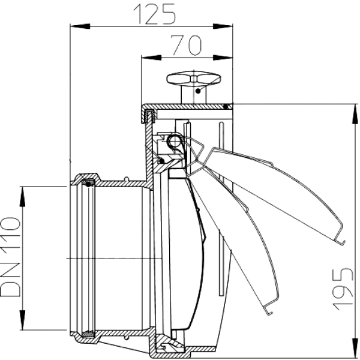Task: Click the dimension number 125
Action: point(155,14)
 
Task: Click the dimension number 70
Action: point(187,46)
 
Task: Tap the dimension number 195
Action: point(343,289)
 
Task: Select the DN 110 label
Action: point(10,257)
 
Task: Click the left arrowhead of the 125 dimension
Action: point(80,26)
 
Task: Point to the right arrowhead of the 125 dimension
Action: point(223,26)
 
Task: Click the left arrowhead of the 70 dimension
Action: point(151,58)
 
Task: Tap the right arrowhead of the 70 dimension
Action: point(223,58)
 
